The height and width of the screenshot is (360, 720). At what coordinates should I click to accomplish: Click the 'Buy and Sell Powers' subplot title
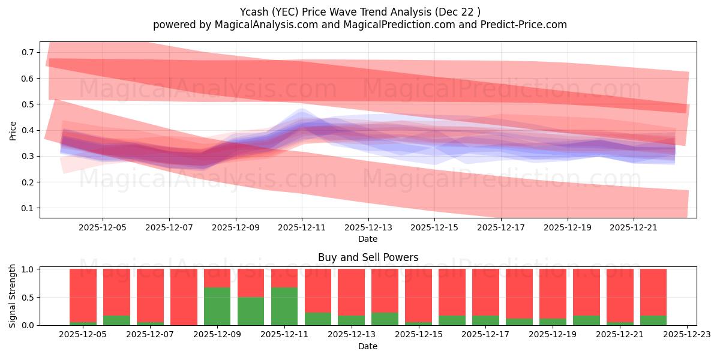[x=368, y=257]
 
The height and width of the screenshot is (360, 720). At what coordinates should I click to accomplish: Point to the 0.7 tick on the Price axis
[x=28, y=53]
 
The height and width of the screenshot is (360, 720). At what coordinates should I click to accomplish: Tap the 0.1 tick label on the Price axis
[x=28, y=208]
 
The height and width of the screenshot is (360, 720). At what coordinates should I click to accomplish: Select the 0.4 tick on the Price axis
[x=28, y=130]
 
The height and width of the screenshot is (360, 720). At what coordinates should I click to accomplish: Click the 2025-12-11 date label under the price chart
[x=301, y=227]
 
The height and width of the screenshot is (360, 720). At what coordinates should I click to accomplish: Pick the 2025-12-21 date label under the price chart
[x=634, y=227]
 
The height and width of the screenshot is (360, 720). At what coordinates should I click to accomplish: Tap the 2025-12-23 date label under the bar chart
[x=686, y=335]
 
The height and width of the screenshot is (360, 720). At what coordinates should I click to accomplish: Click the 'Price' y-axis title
[x=13, y=130]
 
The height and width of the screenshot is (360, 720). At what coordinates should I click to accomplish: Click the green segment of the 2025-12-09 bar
[x=217, y=306]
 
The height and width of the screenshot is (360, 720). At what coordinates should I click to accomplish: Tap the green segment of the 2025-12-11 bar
[x=284, y=306]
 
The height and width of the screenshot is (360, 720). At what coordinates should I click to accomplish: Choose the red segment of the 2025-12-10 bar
[x=251, y=283]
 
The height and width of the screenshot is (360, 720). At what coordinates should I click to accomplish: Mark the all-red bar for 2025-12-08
[x=184, y=297]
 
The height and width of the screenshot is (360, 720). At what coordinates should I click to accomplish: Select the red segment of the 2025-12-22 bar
[x=653, y=292]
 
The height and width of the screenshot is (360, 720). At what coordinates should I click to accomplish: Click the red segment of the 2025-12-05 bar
[x=83, y=295]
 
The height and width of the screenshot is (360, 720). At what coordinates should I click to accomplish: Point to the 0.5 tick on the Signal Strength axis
[x=28, y=298]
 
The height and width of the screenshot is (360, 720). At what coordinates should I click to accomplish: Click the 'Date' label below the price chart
[x=368, y=239]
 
